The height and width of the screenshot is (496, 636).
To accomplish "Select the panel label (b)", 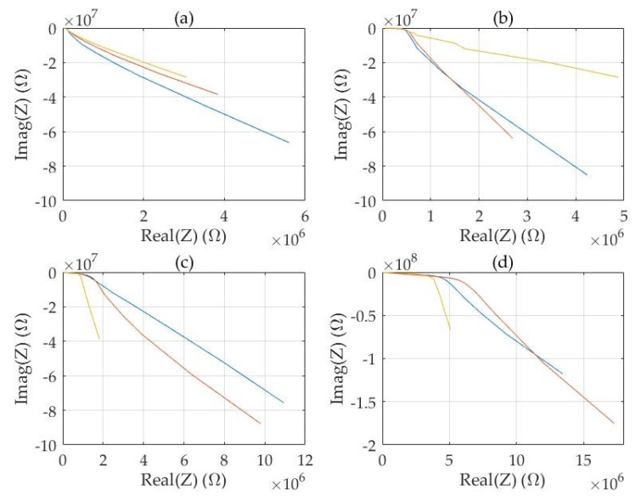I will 504,15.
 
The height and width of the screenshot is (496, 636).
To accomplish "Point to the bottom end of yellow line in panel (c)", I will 99,339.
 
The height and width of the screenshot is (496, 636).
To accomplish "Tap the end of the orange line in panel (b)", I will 512,138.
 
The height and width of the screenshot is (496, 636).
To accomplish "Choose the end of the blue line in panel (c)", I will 283,403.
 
